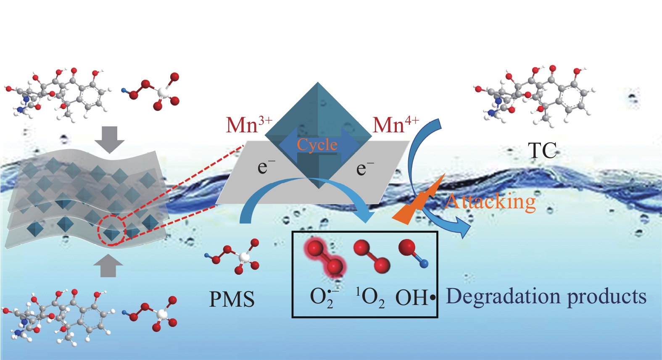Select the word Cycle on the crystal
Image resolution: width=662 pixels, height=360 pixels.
[x=317, y=145]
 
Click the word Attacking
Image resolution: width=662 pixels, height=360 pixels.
[x=491, y=202]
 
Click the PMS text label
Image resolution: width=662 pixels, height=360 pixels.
[x=232, y=300]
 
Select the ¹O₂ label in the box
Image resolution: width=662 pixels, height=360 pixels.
[x=370, y=298]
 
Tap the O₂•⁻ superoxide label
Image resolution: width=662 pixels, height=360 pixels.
[x=324, y=298]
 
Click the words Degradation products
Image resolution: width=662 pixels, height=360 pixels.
[x=546, y=297]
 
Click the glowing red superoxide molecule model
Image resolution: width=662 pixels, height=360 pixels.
[x=325, y=258]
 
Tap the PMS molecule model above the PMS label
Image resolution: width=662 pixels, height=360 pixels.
[x=233, y=256]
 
